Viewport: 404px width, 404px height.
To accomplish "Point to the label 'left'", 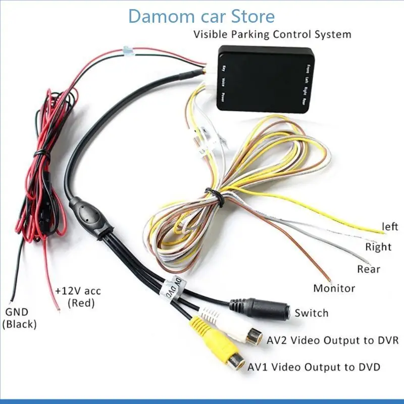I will [x=390, y=227].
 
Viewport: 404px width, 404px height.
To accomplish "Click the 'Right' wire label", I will [x=378, y=247].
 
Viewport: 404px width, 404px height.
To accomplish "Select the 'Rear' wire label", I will [x=368, y=269].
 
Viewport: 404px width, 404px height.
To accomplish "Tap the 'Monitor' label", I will [x=334, y=288].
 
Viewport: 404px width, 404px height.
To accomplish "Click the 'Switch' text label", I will [x=311, y=313].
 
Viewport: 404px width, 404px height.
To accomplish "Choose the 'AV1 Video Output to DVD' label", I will [x=314, y=367].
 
